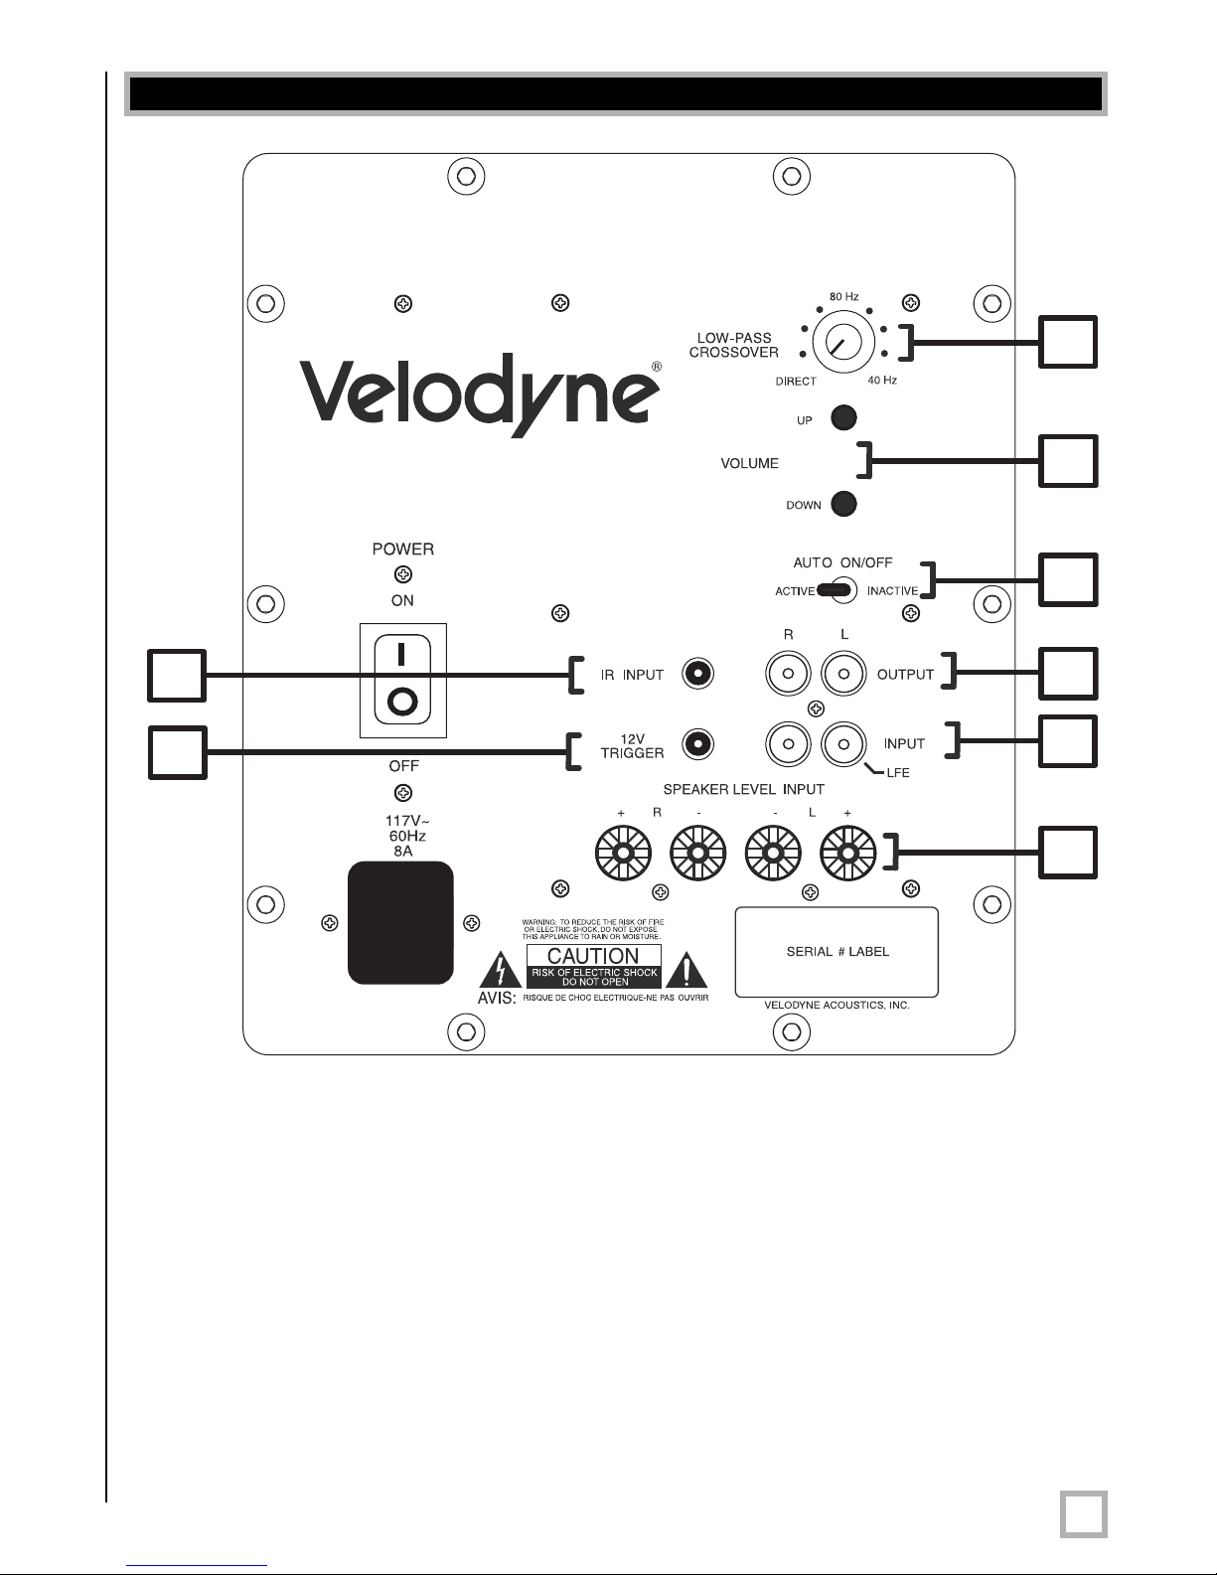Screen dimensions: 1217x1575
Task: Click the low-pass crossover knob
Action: click(x=842, y=342)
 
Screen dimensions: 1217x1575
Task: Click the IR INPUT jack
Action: click(x=697, y=674)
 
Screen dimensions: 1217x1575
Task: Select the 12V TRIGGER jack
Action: click(x=697, y=743)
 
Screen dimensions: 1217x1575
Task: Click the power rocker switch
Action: click(x=402, y=680)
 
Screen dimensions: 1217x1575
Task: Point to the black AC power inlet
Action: click(x=400, y=922)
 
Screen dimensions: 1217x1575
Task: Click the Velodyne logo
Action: click(x=481, y=395)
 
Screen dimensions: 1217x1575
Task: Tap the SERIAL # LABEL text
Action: click(x=837, y=952)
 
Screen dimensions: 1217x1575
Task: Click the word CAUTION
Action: click(x=593, y=956)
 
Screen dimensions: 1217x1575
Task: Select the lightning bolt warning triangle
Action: click(x=500, y=971)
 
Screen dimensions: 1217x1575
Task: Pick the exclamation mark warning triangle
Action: click(x=686, y=971)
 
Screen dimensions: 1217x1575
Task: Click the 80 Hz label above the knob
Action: click(x=843, y=296)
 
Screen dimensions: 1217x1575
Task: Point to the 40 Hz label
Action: click(x=882, y=380)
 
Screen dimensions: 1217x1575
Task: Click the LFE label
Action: click(x=897, y=773)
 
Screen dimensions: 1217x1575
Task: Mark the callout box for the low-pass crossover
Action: click(x=1068, y=342)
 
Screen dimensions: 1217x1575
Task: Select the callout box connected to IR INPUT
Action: click(x=177, y=676)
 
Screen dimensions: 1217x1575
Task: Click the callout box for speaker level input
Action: click(x=1068, y=853)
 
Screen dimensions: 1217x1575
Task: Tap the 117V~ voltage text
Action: click(x=407, y=821)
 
